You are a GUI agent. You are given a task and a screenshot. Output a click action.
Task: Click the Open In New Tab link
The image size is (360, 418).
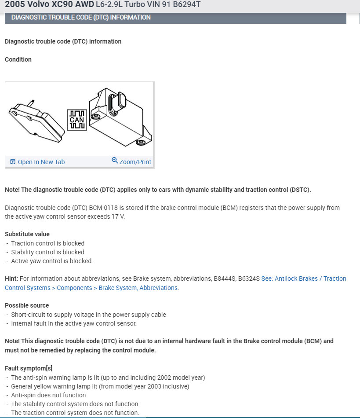click(x=41, y=162)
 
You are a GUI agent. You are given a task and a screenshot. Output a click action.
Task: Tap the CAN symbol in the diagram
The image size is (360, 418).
click(x=77, y=120)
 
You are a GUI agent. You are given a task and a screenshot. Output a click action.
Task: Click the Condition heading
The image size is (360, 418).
click(x=18, y=59)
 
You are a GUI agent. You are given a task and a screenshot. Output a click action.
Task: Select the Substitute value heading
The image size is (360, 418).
click(x=27, y=234)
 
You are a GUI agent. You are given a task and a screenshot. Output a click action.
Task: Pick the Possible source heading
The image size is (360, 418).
click(x=27, y=305)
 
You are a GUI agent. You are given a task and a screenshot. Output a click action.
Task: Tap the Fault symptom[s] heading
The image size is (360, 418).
click(x=29, y=368)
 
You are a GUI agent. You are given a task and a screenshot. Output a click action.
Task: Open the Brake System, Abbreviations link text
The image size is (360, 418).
click(x=138, y=288)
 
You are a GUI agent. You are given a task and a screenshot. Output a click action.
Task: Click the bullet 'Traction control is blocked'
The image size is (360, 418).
click(x=47, y=243)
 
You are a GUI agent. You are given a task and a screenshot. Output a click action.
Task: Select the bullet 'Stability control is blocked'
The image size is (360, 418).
click(x=47, y=252)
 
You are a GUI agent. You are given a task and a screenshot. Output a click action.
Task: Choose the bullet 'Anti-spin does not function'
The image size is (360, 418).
click(x=48, y=395)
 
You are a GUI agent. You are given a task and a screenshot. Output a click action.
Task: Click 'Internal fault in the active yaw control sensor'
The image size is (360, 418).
click(x=74, y=323)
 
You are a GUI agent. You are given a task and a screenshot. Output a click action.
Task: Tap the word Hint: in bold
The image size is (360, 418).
click(x=11, y=279)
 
